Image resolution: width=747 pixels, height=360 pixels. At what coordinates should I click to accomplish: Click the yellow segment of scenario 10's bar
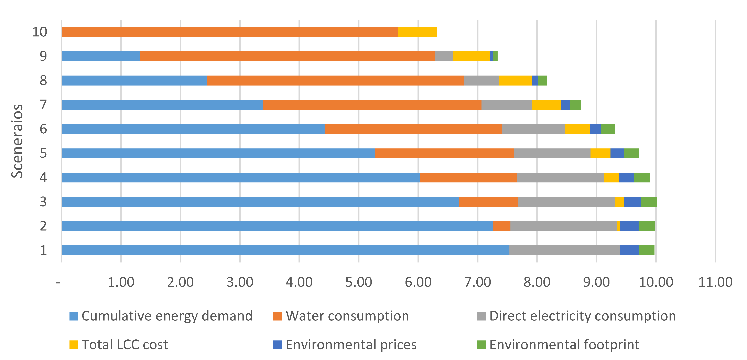[x=417, y=32]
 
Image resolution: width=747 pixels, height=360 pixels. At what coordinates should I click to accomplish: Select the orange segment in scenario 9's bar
[x=287, y=56]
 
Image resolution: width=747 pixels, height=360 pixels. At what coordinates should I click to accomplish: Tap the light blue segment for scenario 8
[x=134, y=81]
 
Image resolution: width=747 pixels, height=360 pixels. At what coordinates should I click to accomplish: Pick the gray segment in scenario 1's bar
[x=564, y=250]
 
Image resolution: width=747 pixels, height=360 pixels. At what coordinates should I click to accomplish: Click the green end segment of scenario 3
[x=649, y=202]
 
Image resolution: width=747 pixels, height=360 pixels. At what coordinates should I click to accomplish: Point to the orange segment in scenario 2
[x=501, y=226]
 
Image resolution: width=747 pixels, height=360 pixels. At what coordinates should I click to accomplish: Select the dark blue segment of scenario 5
[x=617, y=153]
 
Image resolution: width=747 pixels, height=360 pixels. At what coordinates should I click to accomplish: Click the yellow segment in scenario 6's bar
[x=578, y=129]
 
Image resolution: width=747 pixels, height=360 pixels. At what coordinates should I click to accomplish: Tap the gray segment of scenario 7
[x=506, y=105]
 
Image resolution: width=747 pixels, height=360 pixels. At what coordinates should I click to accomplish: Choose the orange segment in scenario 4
[x=468, y=177]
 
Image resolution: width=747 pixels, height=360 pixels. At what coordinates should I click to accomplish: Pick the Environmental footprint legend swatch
[x=481, y=345]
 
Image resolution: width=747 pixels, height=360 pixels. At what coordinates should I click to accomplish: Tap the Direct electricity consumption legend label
[x=582, y=316]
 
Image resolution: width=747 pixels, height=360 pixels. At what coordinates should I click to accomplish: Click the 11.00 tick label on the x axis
[x=715, y=282]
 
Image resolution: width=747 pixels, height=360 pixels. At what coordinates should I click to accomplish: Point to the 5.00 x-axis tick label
[x=358, y=282]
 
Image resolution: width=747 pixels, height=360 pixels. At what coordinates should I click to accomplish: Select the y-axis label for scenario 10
[x=40, y=32]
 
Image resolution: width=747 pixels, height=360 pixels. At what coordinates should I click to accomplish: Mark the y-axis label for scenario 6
[x=43, y=129]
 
